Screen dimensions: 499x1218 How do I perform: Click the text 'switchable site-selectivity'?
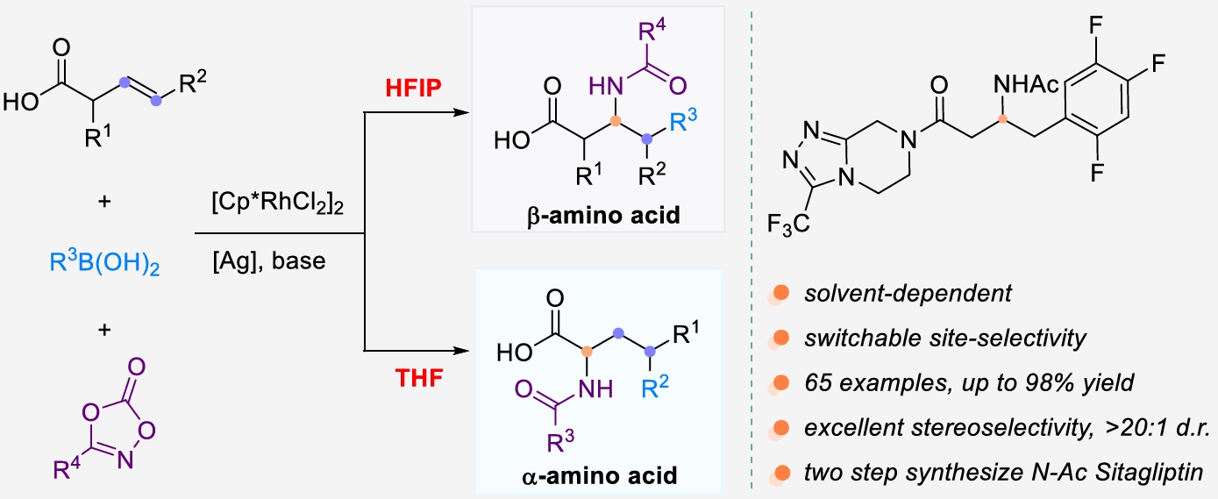[x=946, y=339]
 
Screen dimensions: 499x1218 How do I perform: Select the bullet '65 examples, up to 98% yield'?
[x=970, y=383]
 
